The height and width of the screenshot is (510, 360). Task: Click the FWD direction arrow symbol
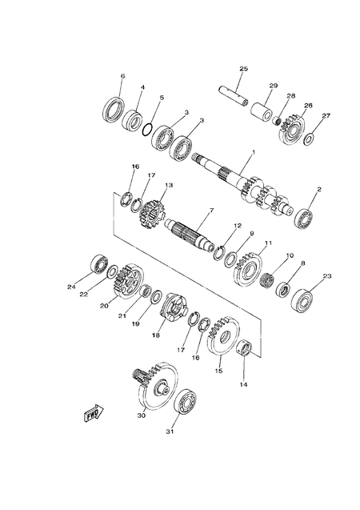(x=90, y=413)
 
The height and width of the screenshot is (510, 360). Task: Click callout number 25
(x=244, y=69)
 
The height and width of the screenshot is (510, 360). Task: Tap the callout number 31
(x=169, y=433)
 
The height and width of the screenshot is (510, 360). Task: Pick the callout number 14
(x=245, y=384)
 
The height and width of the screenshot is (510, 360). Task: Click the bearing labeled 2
(x=305, y=215)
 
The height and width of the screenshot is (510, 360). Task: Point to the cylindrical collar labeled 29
(x=262, y=109)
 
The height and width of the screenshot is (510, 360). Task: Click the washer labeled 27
(x=310, y=139)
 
